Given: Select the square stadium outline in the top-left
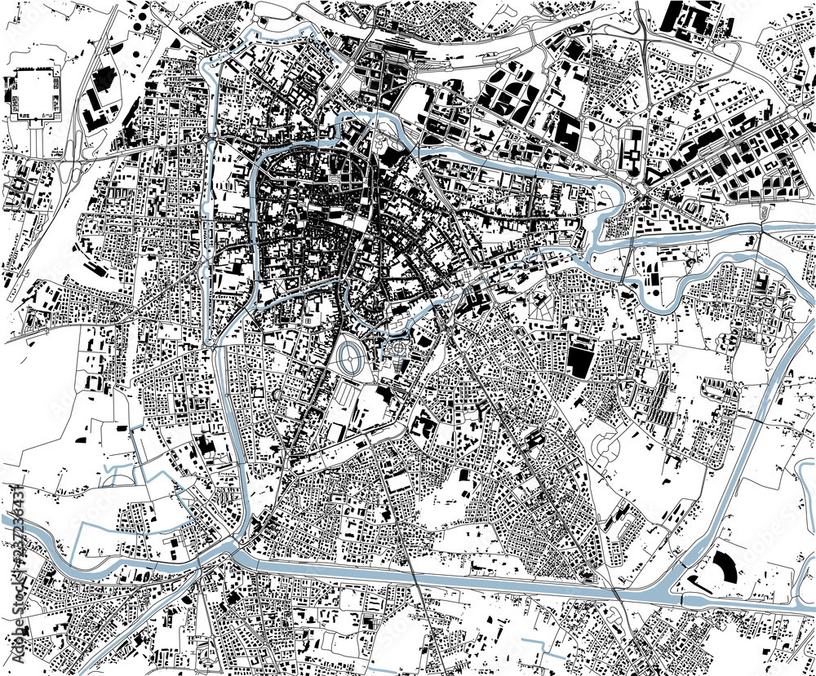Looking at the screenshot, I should (x=36, y=95).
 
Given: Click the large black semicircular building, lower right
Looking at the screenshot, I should (x=725, y=566).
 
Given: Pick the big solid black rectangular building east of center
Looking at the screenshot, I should (x=581, y=360).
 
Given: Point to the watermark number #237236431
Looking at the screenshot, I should (x=15, y=538).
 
